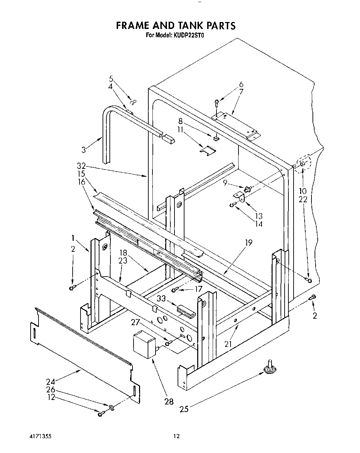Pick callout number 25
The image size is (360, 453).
(x=184, y=409)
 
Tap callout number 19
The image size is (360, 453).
(x=248, y=243)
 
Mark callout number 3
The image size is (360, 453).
(x=83, y=150)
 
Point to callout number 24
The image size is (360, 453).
(x=51, y=382)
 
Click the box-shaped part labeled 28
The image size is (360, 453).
(x=144, y=344)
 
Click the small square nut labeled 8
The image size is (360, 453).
(x=215, y=138)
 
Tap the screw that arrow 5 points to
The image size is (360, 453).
(x=133, y=102)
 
